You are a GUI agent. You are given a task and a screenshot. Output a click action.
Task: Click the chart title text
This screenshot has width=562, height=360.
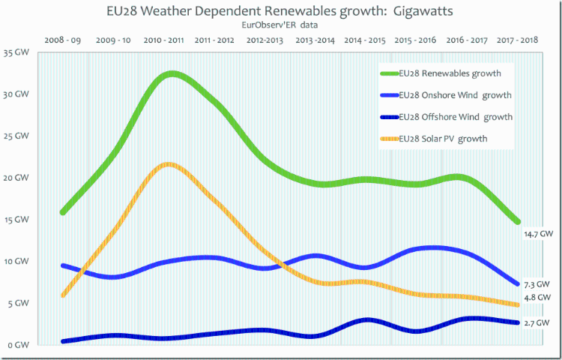280,12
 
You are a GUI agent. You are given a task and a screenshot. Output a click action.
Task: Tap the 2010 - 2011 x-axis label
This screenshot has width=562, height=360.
164,39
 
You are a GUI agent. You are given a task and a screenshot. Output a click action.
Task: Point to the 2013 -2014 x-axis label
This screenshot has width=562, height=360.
315,39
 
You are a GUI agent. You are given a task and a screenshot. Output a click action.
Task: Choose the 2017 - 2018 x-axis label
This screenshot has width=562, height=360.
517,39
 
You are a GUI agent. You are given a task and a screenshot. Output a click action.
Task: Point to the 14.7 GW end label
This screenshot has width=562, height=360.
539,234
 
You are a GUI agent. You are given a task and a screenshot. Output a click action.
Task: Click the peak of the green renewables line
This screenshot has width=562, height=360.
172,74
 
